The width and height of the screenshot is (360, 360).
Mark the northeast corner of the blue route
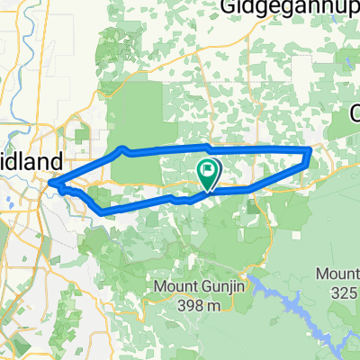tap(310, 149)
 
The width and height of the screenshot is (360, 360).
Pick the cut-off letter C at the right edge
tap(354, 114)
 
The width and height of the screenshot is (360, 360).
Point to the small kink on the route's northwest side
tap(122, 148)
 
